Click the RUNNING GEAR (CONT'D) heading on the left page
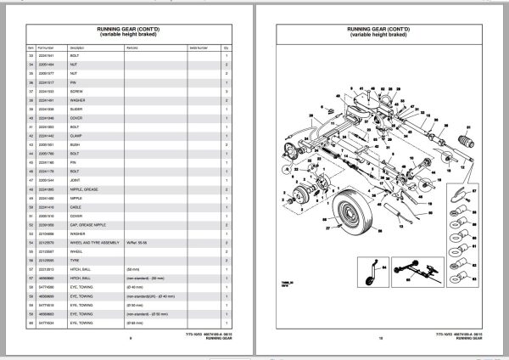coord(130,26)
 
